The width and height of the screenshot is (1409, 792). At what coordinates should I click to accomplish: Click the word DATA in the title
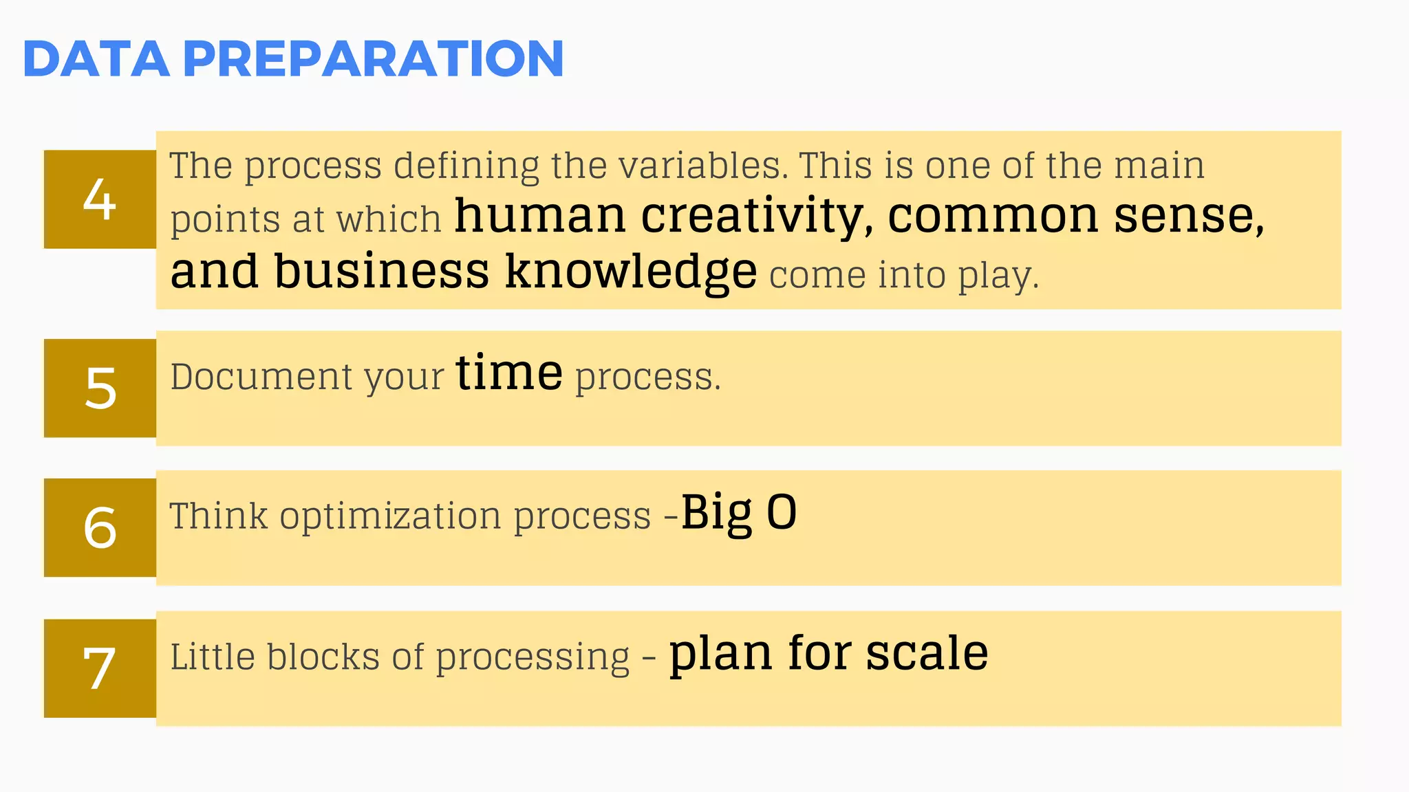[x=96, y=59]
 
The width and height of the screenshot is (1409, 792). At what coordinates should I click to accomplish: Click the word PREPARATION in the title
[x=374, y=59]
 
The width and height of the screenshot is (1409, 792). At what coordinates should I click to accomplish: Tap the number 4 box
[x=100, y=199]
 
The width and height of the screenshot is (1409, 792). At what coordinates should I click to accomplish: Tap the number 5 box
[x=100, y=388]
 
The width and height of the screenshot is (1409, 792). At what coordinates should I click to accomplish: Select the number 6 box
[x=100, y=528]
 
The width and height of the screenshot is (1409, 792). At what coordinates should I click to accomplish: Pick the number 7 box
[x=100, y=668]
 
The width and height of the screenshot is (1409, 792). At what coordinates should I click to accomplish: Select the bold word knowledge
[x=631, y=271]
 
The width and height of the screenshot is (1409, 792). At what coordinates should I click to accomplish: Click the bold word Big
[x=716, y=514]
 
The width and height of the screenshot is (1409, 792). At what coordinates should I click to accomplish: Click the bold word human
[x=540, y=216]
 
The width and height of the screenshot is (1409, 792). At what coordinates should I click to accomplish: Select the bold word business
[x=382, y=271]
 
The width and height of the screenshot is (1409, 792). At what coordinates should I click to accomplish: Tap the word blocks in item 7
[x=323, y=657]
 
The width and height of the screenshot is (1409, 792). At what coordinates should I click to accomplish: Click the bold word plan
[x=720, y=654]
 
